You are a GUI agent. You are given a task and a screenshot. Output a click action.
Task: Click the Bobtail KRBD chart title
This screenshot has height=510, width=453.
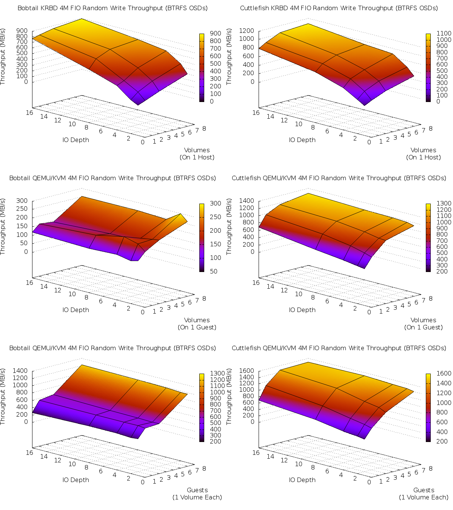tap(112, 8)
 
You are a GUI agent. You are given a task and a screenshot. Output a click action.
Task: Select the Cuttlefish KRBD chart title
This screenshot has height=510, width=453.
tap(339, 8)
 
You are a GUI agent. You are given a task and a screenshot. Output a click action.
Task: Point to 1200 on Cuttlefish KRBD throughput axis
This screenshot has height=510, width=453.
tap(247, 30)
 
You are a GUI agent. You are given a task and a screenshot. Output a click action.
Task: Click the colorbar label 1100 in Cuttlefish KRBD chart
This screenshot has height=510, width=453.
tap(444, 33)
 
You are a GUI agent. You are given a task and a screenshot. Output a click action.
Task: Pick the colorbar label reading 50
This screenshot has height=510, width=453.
tap(216, 271)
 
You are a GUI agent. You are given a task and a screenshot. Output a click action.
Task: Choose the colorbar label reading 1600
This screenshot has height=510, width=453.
tap(444, 373)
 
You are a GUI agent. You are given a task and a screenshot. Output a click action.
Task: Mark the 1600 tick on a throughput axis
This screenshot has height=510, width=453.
tap(247, 371)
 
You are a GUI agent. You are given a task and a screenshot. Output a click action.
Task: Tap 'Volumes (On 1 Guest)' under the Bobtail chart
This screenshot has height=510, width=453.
tap(197, 323)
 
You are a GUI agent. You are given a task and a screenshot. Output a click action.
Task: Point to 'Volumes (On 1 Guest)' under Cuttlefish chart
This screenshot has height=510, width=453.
tap(424, 323)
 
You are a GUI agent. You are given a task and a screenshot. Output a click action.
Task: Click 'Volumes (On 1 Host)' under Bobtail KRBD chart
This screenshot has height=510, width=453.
tap(197, 153)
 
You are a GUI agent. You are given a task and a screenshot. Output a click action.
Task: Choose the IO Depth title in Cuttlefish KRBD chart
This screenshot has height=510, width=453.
tap(302, 140)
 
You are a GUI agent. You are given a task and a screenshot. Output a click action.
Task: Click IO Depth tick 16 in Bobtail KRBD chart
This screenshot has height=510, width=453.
tap(29, 112)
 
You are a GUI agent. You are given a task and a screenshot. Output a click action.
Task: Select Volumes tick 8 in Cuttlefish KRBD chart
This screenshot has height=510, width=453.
tap(430, 128)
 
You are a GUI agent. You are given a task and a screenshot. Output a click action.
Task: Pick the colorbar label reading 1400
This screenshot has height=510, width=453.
tap(444, 383)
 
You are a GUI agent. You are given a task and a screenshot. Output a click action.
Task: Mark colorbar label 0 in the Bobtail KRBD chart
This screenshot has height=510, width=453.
tap(211, 101)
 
